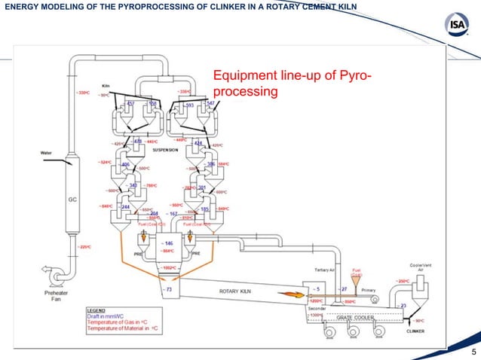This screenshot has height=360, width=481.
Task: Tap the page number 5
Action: [x=473, y=352]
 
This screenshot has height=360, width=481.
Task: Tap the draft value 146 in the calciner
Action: [x=167, y=244]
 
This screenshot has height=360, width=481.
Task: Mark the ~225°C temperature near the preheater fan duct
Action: [x=84, y=246]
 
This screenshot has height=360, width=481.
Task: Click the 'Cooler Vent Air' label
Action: [x=421, y=267]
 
